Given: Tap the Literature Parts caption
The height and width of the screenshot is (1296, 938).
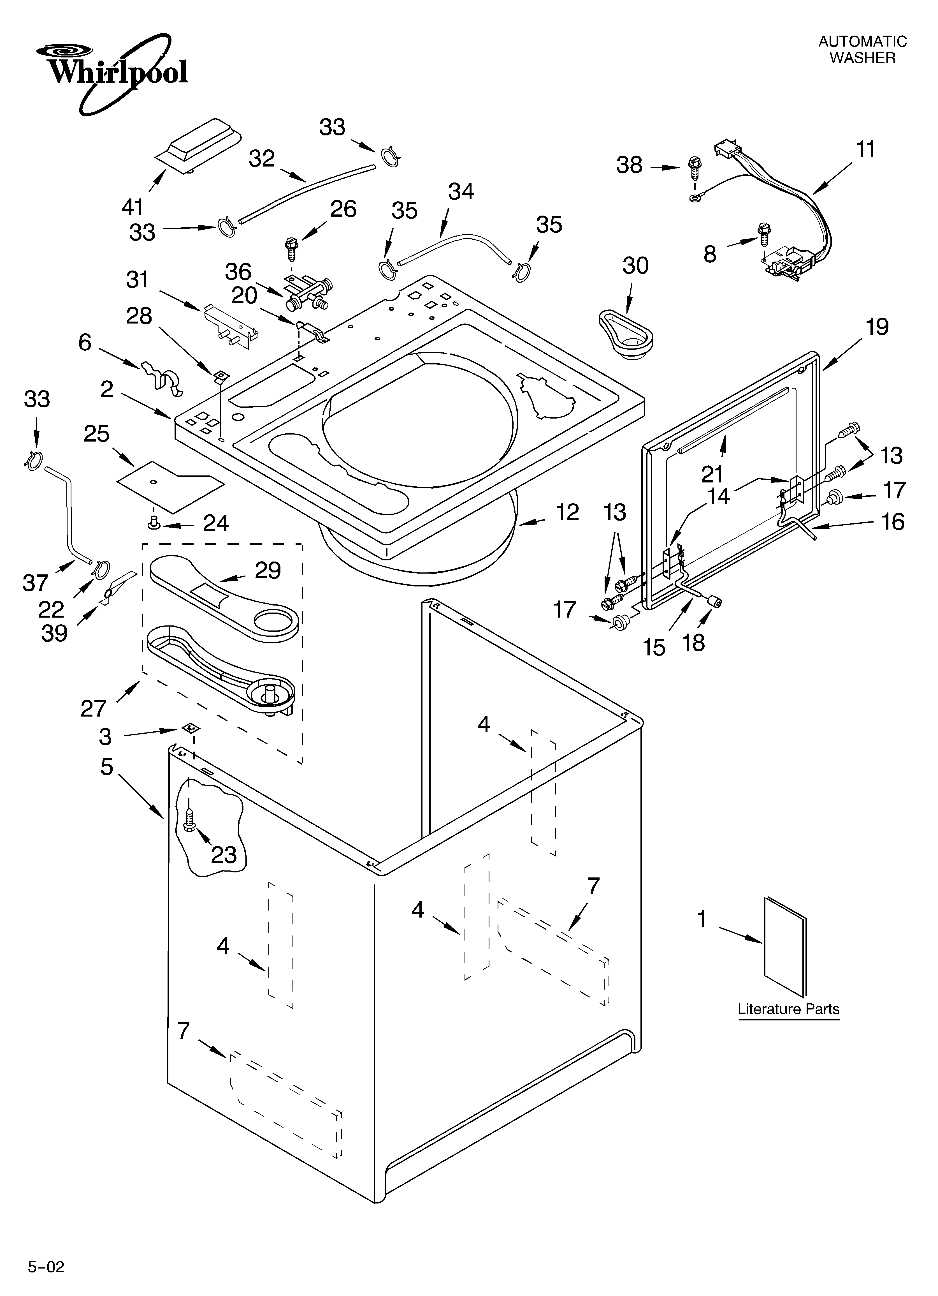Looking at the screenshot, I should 788,1009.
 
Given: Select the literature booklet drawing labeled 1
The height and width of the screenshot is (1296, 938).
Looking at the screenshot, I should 786,949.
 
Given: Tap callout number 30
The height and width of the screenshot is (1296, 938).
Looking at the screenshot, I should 635,266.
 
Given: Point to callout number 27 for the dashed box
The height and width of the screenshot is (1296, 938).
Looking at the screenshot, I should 93,709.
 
